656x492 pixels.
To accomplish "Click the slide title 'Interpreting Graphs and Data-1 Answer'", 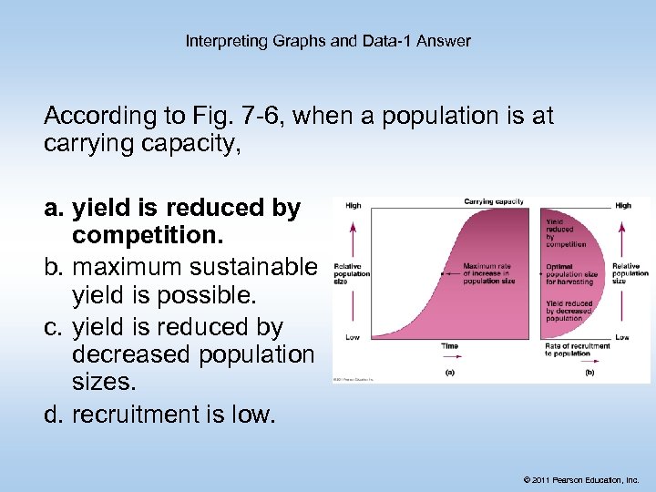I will pyautogui.click(x=328, y=41).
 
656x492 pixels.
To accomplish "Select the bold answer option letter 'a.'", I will pyautogui.click(x=56, y=209).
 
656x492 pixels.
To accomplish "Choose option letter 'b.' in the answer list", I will pyautogui.click(x=56, y=268).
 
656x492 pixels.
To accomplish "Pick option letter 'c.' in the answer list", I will pyautogui.click(x=55, y=327).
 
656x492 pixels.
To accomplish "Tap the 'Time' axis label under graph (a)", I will pyautogui.click(x=449, y=346).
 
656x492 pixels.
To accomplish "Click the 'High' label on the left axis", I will pyautogui.click(x=353, y=206).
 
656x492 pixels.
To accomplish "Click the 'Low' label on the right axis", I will pyautogui.click(x=622, y=337).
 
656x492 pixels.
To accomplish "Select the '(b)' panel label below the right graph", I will pyautogui.click(x=589, y=372).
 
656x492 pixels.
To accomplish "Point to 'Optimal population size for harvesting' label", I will pyautogui.click(x=571, y=274).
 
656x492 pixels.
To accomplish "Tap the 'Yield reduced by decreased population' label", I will pyautogui.click(x=569, y=311).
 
